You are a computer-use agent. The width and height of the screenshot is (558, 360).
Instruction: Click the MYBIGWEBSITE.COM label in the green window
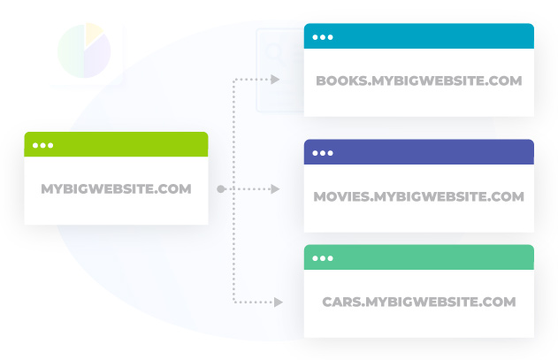tap(116, 188)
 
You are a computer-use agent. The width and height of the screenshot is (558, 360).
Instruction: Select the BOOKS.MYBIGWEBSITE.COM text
tap(419, 80)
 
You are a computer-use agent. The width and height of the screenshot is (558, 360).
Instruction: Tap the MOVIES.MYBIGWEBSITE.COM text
tap(419, 196)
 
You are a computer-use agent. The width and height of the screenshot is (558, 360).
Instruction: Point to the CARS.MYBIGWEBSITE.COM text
tap(419, 302)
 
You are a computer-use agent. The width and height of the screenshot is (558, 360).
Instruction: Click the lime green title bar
tap(116, 144)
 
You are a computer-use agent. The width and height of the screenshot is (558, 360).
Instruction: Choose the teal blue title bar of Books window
tap(419, 36)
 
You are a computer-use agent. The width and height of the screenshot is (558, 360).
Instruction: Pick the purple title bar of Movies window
tap(419, 152)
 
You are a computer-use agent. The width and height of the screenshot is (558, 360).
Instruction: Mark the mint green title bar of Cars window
tap(419, 257)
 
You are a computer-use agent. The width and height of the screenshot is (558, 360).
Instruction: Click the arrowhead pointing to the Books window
tap(275, 80)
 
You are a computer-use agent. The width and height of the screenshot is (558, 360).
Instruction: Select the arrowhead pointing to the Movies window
tap(275, 188)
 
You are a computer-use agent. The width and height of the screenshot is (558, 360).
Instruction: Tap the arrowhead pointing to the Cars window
tap(279, 303)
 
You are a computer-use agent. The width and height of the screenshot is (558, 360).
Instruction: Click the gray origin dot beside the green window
tap(221, 189)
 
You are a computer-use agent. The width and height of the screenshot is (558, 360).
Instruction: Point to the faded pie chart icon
tap(84, 50)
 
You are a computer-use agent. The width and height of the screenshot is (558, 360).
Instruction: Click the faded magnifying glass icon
tap(276, 54)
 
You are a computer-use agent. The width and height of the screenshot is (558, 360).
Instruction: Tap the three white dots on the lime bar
tap(42, 145)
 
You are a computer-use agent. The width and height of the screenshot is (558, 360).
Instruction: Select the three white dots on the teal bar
tap(323, 37)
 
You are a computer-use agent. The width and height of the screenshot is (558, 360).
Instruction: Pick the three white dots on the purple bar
tap(323, 153)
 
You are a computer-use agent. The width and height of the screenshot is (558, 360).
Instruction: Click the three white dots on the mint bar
tap(323, 258)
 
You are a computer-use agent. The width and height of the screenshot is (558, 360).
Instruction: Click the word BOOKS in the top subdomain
tap(341, 80)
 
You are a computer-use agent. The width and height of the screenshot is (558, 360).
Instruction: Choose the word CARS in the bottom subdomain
tap(342, 302)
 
